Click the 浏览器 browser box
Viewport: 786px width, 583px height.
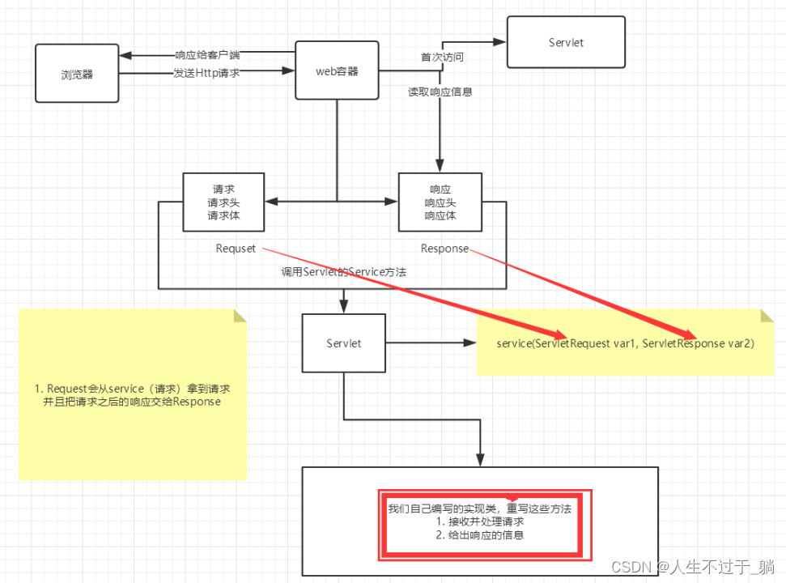tap(77, 74)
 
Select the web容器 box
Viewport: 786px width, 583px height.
tap(337, 71)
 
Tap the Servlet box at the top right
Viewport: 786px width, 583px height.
tap(565, 41)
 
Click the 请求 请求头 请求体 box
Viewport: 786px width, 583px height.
tap(224, 202)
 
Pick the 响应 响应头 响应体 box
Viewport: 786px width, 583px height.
tap(440, 202)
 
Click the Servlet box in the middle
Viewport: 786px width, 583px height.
tap(344, 343)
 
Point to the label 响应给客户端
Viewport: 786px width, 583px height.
tap(206, 55)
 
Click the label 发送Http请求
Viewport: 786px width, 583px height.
tap(206, 73)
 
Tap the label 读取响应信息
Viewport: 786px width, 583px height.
tap(440, 92)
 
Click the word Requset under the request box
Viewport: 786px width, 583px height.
tap(236, 249)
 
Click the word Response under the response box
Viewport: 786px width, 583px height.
tap(444, 249)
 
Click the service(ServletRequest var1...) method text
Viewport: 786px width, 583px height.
tap(625, 344)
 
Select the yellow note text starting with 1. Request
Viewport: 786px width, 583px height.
tap(134, 395)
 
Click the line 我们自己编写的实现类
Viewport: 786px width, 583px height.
tap(479, 509)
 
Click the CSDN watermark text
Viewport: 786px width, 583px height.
tap(693, 566)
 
